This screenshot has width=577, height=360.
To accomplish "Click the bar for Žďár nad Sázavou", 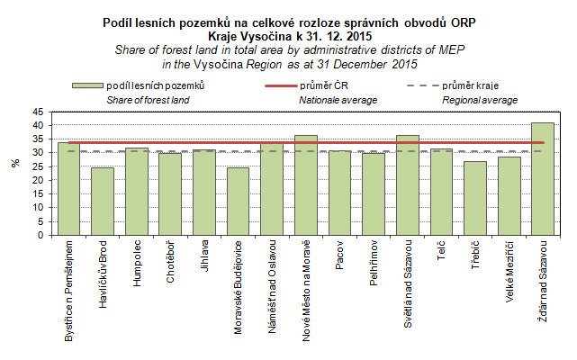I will tap(542, 179).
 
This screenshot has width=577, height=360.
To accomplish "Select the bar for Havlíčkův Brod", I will tap(103, 202).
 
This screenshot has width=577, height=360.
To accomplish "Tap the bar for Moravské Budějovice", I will tap(238, 202).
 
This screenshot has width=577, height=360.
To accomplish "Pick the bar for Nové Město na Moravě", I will tap(305, 185).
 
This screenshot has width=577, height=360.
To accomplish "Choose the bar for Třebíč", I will tap(474, 198).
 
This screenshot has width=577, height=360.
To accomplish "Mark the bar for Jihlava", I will tap(203, 193).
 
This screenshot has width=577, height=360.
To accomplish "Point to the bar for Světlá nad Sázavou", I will tap(407, 185).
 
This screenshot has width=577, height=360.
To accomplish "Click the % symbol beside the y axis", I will tap(14, 164).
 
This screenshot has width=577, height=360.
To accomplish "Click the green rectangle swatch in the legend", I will tap(86, 85).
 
